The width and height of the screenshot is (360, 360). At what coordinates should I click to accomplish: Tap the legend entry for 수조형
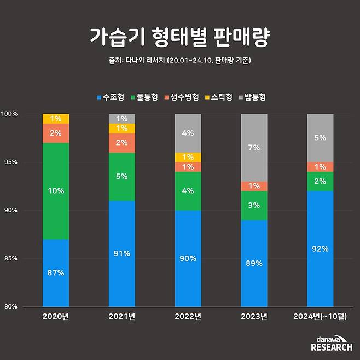111,97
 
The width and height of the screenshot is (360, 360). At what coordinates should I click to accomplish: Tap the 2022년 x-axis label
188,316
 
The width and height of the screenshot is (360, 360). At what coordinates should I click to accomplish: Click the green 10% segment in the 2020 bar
56,191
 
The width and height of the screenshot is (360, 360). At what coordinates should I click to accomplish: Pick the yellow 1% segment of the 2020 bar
56,119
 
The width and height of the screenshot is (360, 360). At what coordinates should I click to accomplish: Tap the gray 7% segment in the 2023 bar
254,148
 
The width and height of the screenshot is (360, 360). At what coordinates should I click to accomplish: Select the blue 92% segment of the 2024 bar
320,248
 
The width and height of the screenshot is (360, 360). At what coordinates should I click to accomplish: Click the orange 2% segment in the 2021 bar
122,143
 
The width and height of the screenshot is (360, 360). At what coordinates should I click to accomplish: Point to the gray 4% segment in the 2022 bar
188,133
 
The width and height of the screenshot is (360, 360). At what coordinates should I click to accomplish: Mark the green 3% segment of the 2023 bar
254,205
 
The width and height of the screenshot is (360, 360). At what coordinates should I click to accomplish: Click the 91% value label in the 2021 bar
122,253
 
